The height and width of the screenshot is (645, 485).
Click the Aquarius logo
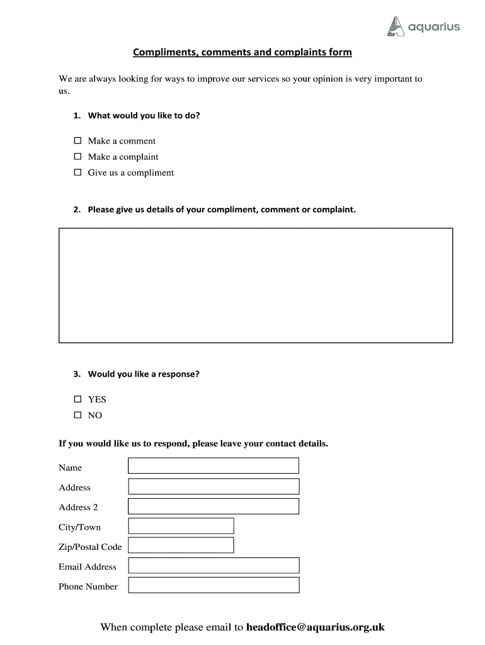(x=423, y=26)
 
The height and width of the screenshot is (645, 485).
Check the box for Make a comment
(x=78, y=140)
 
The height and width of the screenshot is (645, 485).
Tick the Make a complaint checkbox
(x=78, y=156)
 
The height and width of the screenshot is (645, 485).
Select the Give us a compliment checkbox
(x=78, y=172)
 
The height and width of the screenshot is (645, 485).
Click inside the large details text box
(x=255, y=285)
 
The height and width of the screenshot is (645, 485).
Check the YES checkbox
(x=78, y=399)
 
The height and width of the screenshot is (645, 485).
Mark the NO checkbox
(x=78, y=415)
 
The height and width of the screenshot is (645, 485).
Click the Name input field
(x=214, y=465)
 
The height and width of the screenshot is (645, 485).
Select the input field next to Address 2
(x=214, y=506)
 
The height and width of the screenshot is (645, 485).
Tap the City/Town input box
(x=181, y=526)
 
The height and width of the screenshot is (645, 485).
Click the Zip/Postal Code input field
(x=181, y=545)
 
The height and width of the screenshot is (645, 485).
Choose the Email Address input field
(x=214, y=566)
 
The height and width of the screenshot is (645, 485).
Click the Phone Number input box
(x=214, y=585)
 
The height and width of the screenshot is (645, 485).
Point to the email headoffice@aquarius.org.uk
(x=315, y=627)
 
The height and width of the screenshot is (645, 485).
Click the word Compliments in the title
(x=164, y=52)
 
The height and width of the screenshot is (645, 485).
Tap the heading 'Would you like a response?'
(x=144, y=374)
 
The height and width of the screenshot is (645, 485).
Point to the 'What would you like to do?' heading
(x=144, y=116)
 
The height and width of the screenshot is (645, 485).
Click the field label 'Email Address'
(x=88, y=567)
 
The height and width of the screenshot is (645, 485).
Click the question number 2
(x=76, y=210)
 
